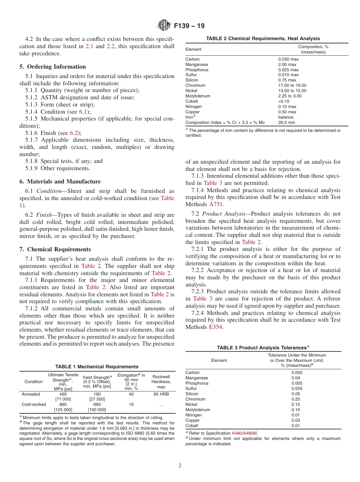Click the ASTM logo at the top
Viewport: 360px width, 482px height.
click(x=164, y=26)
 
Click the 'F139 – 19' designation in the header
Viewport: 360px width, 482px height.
click(x=189, y=26)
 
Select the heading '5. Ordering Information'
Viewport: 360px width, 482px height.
click(x=53, y=67)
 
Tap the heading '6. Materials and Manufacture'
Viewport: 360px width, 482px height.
click(x=60, y=182)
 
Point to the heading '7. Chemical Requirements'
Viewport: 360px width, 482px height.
click(x=55, y=249)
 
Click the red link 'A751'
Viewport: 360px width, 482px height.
click(x=216, y=204)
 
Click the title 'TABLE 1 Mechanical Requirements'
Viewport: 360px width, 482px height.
click(x=97, y=366)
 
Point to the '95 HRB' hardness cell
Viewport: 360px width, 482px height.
click(x=161, y=394)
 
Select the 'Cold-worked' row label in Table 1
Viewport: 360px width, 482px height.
click(x=34, y=404)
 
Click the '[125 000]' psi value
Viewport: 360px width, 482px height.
click(x=63, y=410)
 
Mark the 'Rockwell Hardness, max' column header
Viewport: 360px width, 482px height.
click(x=161, y=382)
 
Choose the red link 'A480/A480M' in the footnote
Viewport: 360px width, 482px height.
click(x=244, y=433)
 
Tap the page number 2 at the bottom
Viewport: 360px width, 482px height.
click(x=180, y=466)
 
